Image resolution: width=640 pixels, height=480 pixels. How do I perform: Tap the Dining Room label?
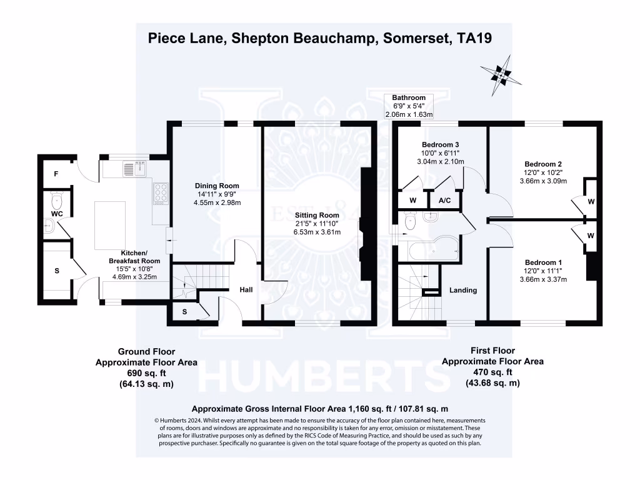(x=217, y=186)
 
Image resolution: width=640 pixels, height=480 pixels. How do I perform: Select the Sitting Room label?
(x=317, y=215)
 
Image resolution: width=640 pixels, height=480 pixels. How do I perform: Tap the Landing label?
(x=463, y=290)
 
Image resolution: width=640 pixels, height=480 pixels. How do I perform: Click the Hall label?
(x=246, y=290)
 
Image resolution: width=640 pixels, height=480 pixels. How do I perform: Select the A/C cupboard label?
(x=445, y=201)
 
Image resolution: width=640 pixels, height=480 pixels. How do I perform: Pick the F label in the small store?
(x=56, y=174)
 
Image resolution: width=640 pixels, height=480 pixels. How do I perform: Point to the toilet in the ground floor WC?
(x=57, y=201)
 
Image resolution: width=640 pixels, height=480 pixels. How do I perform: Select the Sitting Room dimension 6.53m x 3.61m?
(x=317, y=232)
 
